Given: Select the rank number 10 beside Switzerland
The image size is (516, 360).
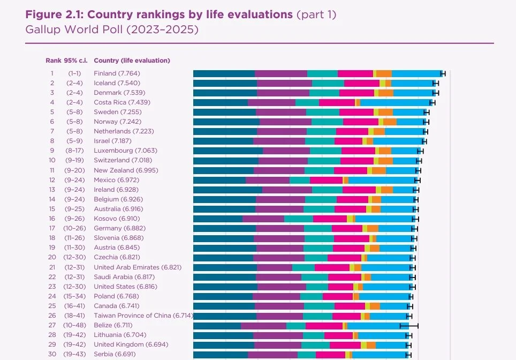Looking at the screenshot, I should point(52,160).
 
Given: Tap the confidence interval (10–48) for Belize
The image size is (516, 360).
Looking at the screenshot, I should point(74,325).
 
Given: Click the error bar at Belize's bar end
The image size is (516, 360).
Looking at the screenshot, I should point(409,325).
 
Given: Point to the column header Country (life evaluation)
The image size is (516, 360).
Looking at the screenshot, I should point(132,61).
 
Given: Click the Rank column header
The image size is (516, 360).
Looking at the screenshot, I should point(53,61).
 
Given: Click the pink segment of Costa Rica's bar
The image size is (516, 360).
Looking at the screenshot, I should point(337,102).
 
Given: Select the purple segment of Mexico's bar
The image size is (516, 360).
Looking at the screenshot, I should point(268,180).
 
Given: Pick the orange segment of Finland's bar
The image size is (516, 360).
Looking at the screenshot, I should point(384,73).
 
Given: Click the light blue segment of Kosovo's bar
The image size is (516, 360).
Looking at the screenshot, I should point(384,219).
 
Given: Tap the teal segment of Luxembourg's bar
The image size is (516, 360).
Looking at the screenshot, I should point(325,151).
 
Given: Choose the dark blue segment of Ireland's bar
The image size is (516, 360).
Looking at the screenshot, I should point(227,190).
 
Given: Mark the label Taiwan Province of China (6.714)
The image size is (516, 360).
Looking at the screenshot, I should point(143,316).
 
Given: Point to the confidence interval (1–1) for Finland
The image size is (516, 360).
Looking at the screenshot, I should point(74,73).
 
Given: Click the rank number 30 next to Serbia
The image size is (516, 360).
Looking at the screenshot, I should point(52,354).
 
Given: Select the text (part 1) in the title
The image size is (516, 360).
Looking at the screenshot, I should point(316,14).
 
